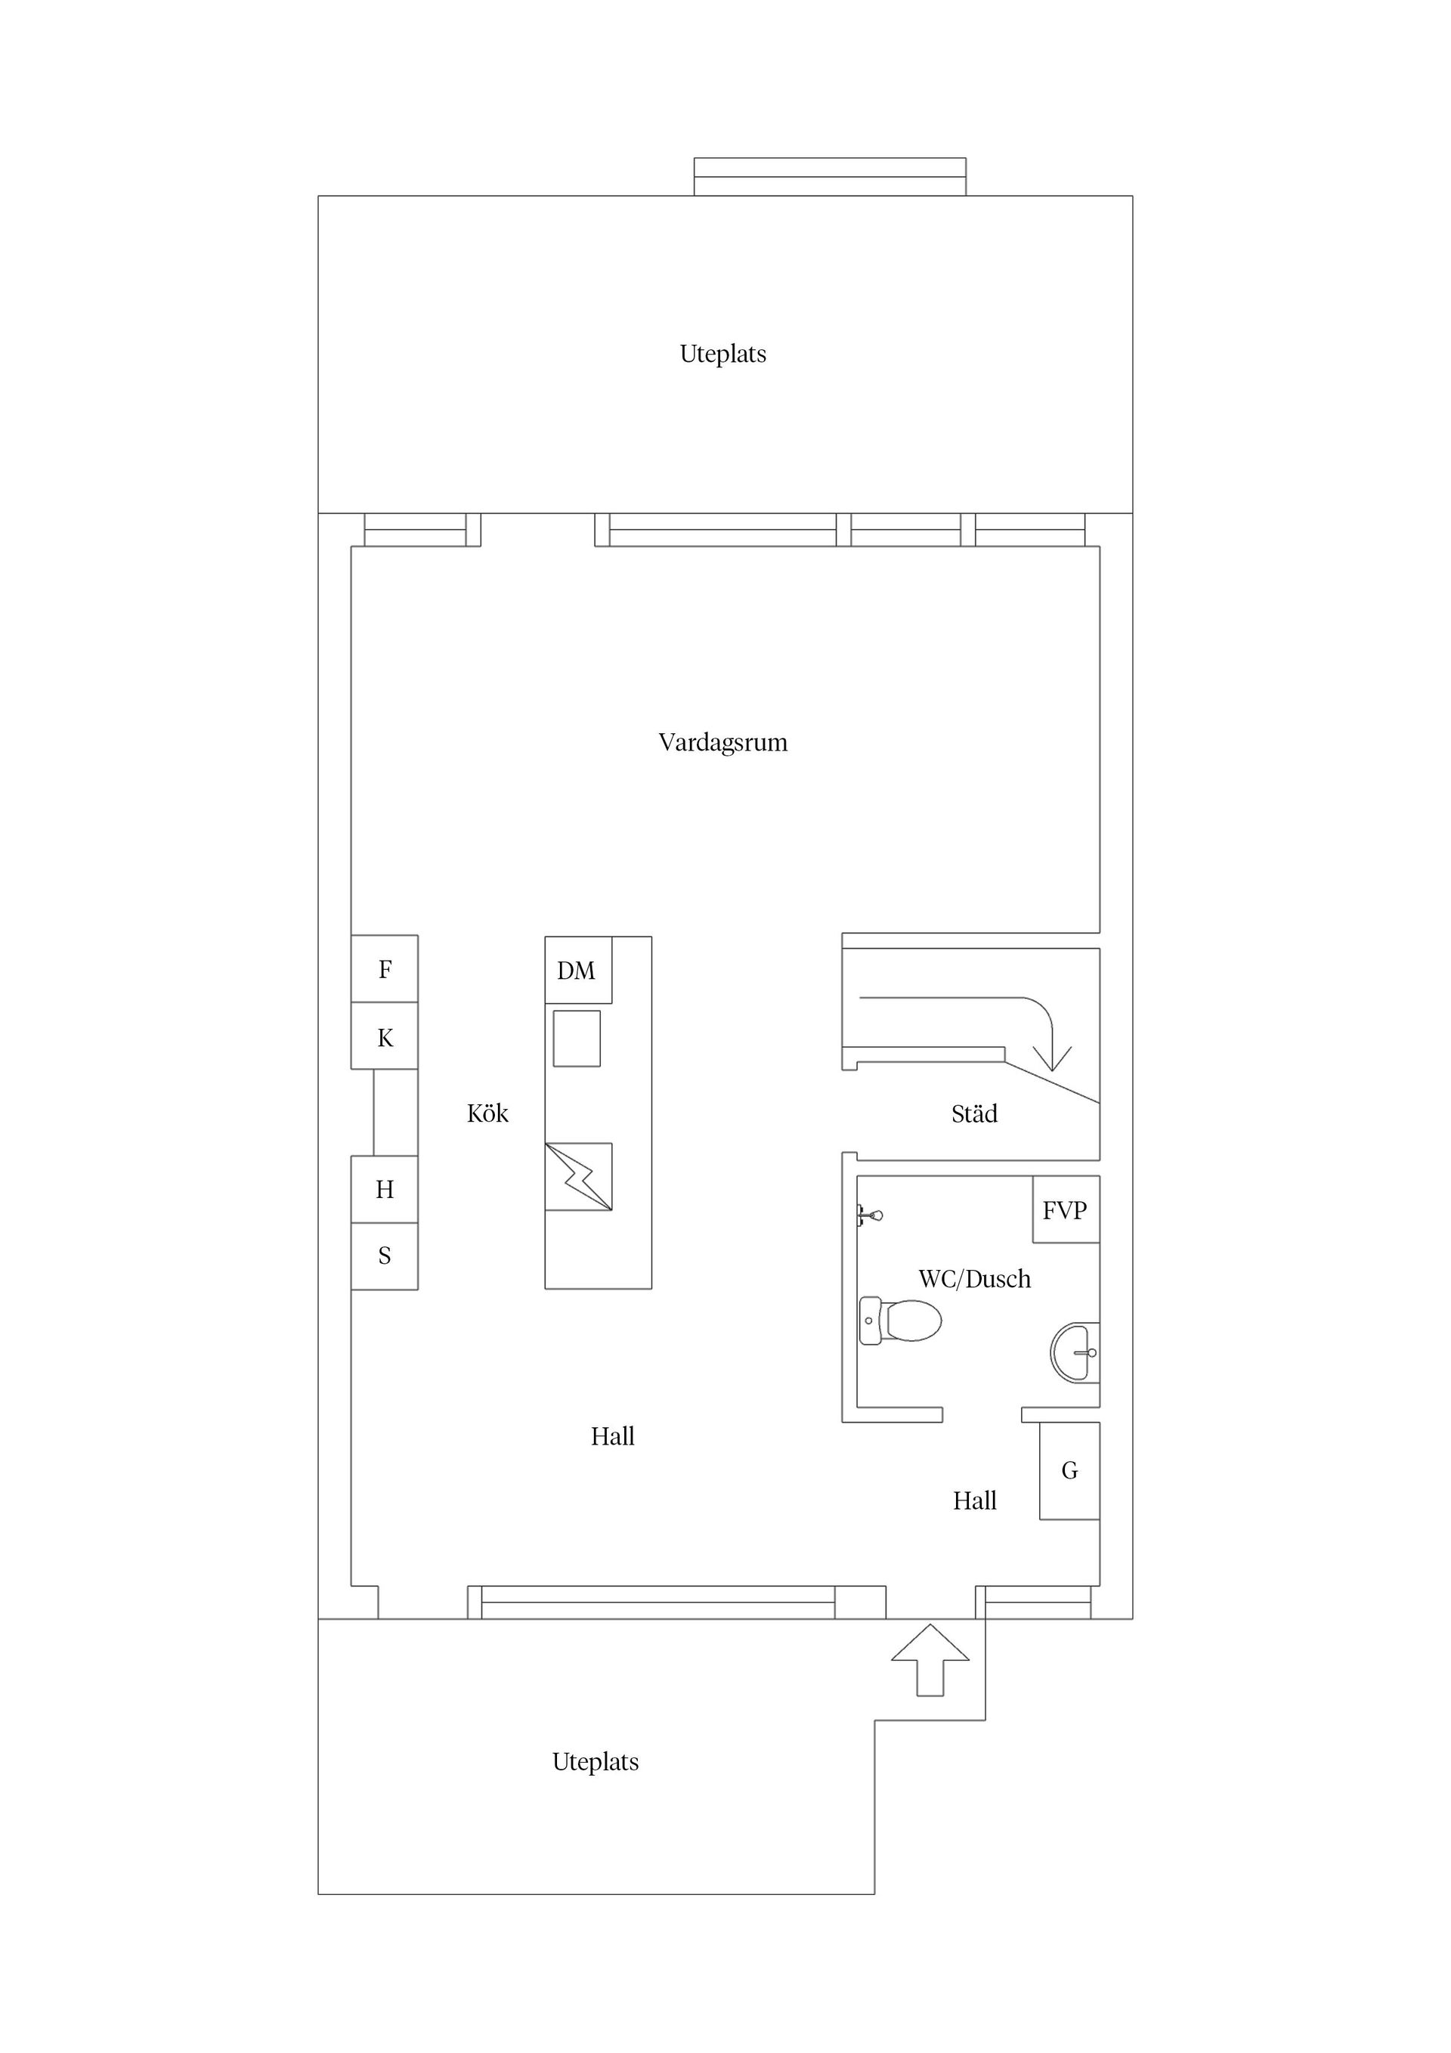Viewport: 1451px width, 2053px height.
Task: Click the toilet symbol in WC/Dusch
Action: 901,1320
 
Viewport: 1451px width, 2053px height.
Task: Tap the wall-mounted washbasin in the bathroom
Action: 1075,1353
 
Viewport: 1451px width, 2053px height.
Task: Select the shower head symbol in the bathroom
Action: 870,1215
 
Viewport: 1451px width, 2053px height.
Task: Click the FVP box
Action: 1066,1209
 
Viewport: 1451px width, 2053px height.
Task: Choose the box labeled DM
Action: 577,970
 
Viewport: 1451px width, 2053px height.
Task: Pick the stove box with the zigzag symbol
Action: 578,1177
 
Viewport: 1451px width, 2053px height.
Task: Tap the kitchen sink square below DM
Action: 577,1038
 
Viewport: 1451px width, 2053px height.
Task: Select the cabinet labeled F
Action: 385,968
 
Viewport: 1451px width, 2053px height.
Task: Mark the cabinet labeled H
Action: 385,1189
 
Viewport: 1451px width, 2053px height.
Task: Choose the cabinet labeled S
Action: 385,1256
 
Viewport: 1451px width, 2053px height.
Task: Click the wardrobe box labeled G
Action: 1069,1470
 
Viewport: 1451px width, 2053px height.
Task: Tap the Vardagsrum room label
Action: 722,742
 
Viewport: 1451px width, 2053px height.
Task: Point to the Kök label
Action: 487,1113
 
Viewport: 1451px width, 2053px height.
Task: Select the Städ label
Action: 973,1113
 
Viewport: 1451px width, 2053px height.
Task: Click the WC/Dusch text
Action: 973,1279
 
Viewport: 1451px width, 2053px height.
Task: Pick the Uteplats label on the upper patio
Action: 722,354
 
